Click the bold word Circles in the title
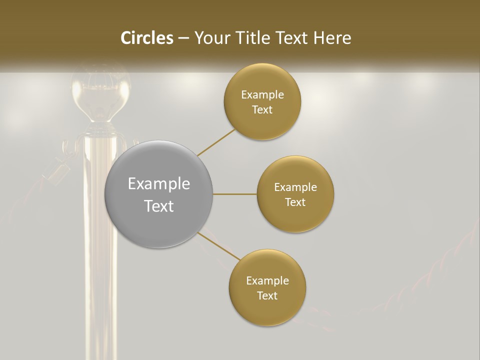pos(146,38)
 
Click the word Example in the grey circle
pos(159,184)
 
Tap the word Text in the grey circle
pos(159,206)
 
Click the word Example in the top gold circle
pos(262,95)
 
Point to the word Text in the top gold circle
pos(262,110)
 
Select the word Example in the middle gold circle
pos(295,187)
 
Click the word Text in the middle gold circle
pos(295,202)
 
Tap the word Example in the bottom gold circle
pos(267,281)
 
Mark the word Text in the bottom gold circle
pos(267,296)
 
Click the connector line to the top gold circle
pos(216,142)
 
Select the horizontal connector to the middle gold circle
pos(235,194)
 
